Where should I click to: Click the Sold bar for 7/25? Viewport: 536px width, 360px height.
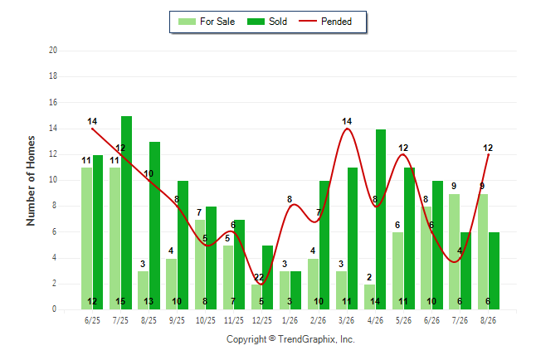(126, 212)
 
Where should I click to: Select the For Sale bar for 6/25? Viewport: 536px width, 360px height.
(86, 238)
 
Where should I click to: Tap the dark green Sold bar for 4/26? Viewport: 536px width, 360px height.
(381, 219)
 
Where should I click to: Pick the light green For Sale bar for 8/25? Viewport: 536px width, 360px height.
(144, 290)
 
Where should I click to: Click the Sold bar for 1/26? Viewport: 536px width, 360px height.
(295, 290)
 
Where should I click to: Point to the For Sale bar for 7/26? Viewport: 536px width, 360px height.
(455, 251)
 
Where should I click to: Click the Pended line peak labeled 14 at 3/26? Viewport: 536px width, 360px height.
(347, 129)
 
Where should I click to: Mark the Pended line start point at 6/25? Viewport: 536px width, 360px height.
(92, 129)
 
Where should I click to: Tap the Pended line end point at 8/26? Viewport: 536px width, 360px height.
(488, 154)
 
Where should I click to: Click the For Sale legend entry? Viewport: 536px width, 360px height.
(207, 22)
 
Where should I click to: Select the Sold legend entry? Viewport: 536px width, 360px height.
(267, 22)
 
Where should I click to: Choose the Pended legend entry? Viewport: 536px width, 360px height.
(325, 22)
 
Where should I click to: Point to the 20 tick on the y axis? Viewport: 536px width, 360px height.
(53, 51)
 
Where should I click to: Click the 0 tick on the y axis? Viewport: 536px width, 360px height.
(54, 309)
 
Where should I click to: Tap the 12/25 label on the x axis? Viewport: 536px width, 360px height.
(262, 320)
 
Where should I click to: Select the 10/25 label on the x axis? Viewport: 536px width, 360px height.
(206, 320)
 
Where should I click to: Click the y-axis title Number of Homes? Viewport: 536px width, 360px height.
(31, 181)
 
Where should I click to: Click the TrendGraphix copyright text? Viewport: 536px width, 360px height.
(290, 339)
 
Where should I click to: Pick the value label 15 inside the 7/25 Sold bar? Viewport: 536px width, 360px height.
(120, 301)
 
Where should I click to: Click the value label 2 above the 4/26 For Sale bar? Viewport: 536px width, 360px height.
(369, 277)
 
